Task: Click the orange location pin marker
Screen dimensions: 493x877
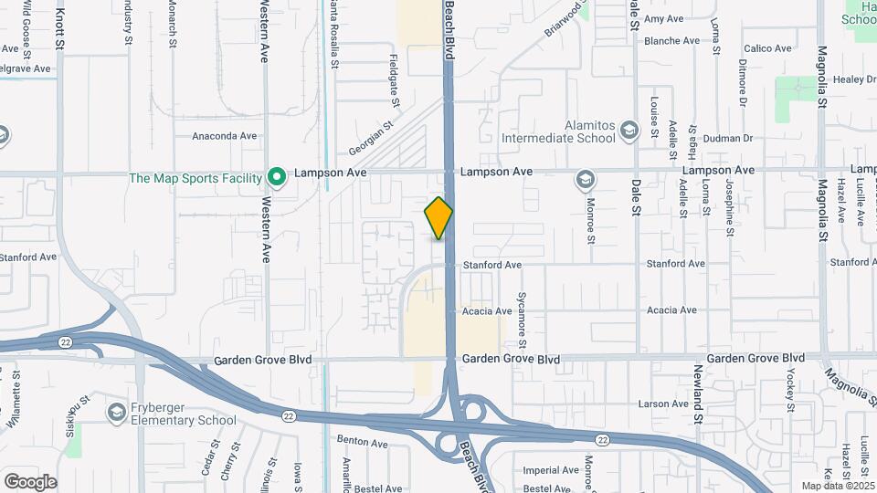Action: click(438, 218)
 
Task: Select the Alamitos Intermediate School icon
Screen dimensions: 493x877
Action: click(629, 131)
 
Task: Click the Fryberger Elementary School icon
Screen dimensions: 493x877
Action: click(116, 413)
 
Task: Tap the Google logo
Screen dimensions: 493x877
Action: click(30, 481)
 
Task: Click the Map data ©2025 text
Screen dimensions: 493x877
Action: click(837, 486)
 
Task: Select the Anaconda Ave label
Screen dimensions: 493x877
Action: click(225, 136)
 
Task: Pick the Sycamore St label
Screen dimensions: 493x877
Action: click(523, 320)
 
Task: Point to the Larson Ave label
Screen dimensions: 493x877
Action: click(663, 404)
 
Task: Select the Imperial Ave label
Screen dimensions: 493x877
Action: click(552, 471)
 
